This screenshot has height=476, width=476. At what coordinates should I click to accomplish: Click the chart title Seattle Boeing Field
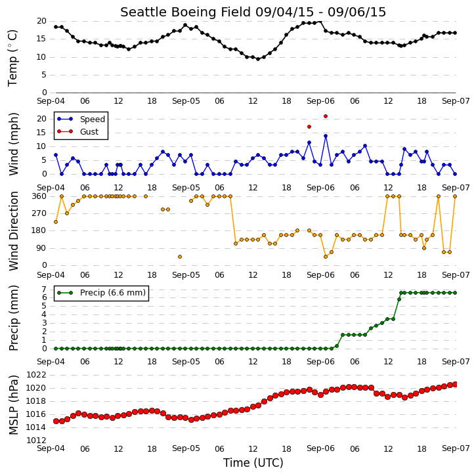186,12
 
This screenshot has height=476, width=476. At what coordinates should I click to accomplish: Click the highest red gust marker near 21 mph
326,116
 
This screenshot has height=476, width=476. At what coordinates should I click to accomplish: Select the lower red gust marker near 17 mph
309,127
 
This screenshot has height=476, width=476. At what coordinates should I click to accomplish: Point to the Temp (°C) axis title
12,58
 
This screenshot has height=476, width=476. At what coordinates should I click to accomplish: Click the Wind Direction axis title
14,231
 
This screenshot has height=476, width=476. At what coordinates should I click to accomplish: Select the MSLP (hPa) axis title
14,405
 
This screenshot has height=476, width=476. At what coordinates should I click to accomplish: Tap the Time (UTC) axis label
253,463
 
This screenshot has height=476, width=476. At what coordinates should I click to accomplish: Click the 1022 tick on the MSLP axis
36,375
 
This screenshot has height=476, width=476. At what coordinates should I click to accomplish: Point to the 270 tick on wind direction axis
39,213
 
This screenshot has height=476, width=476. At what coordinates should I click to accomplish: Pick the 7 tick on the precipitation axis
45,289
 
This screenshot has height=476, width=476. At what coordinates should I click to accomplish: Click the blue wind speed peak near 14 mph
326,136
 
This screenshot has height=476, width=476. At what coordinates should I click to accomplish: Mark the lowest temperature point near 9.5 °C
258,59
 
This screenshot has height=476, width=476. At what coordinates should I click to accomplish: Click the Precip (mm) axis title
14,318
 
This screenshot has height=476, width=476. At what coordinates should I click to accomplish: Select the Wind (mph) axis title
14,144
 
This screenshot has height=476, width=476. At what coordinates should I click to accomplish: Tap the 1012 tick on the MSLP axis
36,441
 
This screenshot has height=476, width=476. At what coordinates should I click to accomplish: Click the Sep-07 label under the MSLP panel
456,448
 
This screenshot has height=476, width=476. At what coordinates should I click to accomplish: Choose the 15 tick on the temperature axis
41,39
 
